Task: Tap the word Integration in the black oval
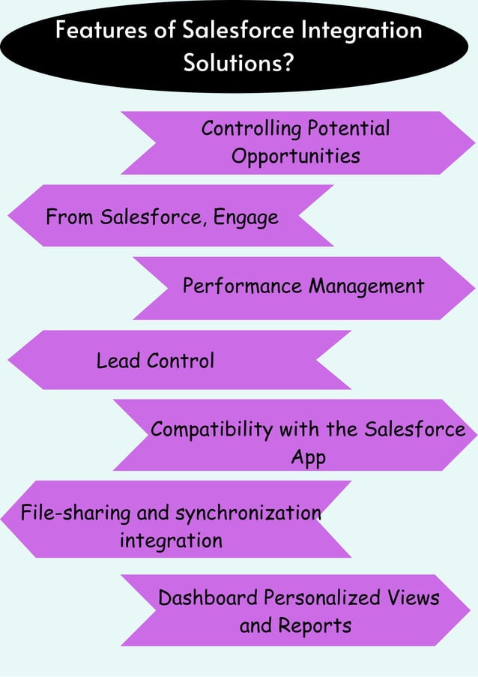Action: [x=362, y=31]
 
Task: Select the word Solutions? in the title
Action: [x=239, y=62]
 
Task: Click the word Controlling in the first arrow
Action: [x=250, y=129]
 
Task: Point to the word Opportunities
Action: [x=295, y=156]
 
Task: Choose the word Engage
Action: [x=246, y=218]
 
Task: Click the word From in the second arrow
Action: [x=70, y=217]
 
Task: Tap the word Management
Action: [x=366, y=286]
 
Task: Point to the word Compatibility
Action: [x=212, y=430]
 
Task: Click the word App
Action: [x=308, y=457]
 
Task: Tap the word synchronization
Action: [x=248, y=514]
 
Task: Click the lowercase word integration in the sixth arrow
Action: [x=171, y=540]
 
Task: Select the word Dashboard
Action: [x=208, y=598]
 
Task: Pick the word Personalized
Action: [x=324, y=598]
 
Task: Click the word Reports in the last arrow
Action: [x=314, y=625]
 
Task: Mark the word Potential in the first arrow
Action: [x=347, y=129]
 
